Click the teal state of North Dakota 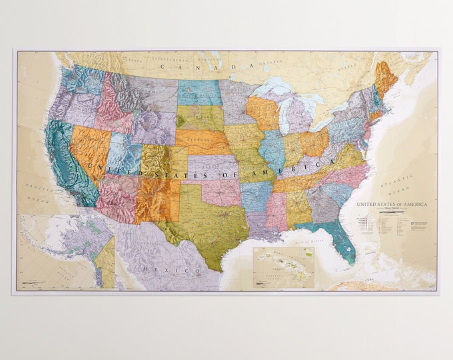[199, 93]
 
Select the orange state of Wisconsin [264, 111]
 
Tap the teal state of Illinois [272, 150]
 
